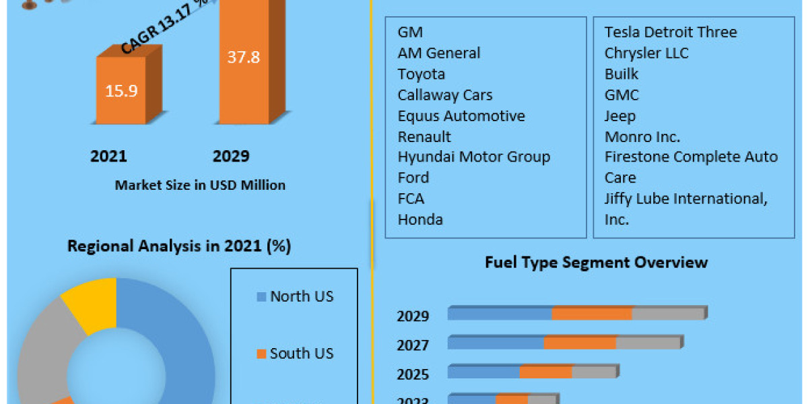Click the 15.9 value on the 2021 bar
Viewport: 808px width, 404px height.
121,90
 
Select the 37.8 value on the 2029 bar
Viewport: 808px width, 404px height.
243,57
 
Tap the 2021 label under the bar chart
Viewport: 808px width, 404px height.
108,156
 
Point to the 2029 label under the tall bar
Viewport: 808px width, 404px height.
231,156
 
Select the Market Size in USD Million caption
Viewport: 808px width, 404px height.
200,184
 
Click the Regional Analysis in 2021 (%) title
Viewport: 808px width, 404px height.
179,246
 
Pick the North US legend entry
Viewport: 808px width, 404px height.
301,296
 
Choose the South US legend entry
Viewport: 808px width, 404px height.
301,353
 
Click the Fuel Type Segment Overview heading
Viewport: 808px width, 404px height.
596,262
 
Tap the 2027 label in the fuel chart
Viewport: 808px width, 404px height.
413,345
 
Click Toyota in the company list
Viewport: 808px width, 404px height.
421,74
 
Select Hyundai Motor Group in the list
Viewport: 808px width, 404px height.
473,157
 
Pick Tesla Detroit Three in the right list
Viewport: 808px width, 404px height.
670,32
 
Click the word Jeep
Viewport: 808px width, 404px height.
619,116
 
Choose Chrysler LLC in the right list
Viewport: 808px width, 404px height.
646,53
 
